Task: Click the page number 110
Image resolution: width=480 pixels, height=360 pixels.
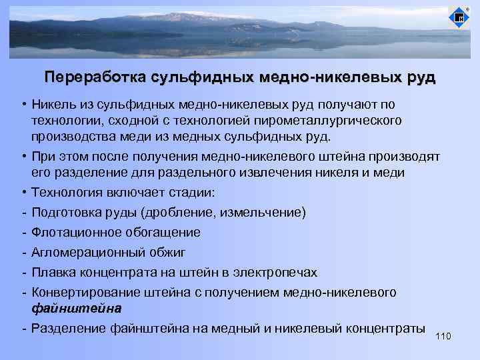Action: [x=443, y=336]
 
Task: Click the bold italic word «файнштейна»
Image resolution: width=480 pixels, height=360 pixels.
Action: [x=76, y=309]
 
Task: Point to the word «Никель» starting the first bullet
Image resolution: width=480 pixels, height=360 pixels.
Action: [x=51, y=105]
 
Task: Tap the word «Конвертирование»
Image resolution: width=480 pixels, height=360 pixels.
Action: [x=85, y=292]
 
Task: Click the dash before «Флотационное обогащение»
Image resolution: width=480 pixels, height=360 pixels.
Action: [x=23, y=233]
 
